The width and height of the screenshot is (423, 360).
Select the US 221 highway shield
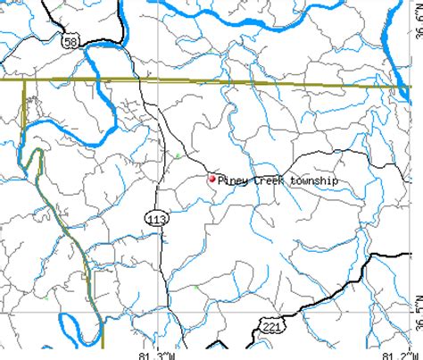coord(272,328)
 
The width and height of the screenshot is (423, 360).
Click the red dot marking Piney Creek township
coord(211,179)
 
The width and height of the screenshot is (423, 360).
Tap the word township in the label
coord(314,180)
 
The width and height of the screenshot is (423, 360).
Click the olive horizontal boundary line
coord(223,82)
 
